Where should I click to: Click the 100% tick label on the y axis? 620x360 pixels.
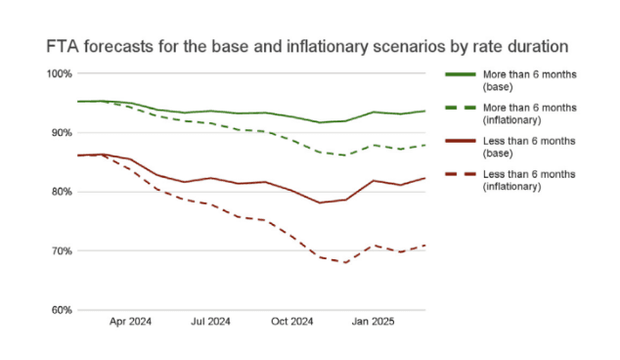[59, 73]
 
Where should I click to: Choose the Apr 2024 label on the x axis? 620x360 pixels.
[130, 320]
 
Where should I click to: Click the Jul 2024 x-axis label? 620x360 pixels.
[210, 320]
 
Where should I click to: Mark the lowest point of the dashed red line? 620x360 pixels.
[344, 262]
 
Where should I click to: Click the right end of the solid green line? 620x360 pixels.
[425, 111]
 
